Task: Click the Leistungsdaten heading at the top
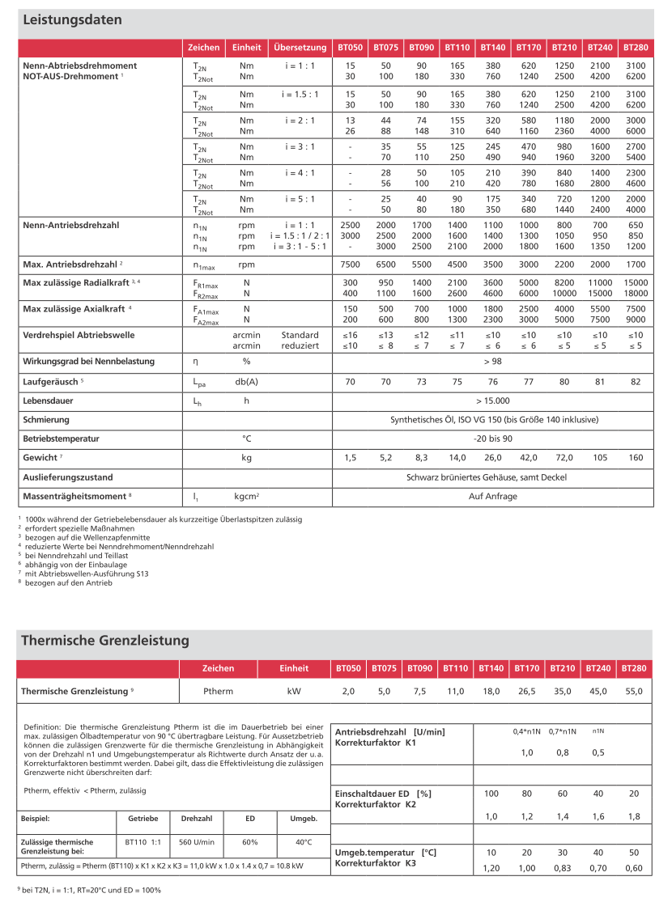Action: [x=72, y=19]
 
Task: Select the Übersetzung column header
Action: [x=300, y=48]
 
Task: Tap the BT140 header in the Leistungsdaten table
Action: [x=492, y=48]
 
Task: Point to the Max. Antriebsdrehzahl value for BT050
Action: [x=349, y=265]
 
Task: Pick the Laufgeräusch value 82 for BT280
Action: [x=636, y=381]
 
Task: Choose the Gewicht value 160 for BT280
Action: [x=636, y=458]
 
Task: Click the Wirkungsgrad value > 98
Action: [x=492, y=361]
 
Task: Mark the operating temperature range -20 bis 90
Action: [x=492, y=438]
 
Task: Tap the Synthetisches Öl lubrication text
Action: [x=494, y=420]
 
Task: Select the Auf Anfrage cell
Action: [x=492, y=496]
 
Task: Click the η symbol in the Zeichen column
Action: [x=195, y=362]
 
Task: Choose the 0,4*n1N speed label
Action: [x=527, y=730]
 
